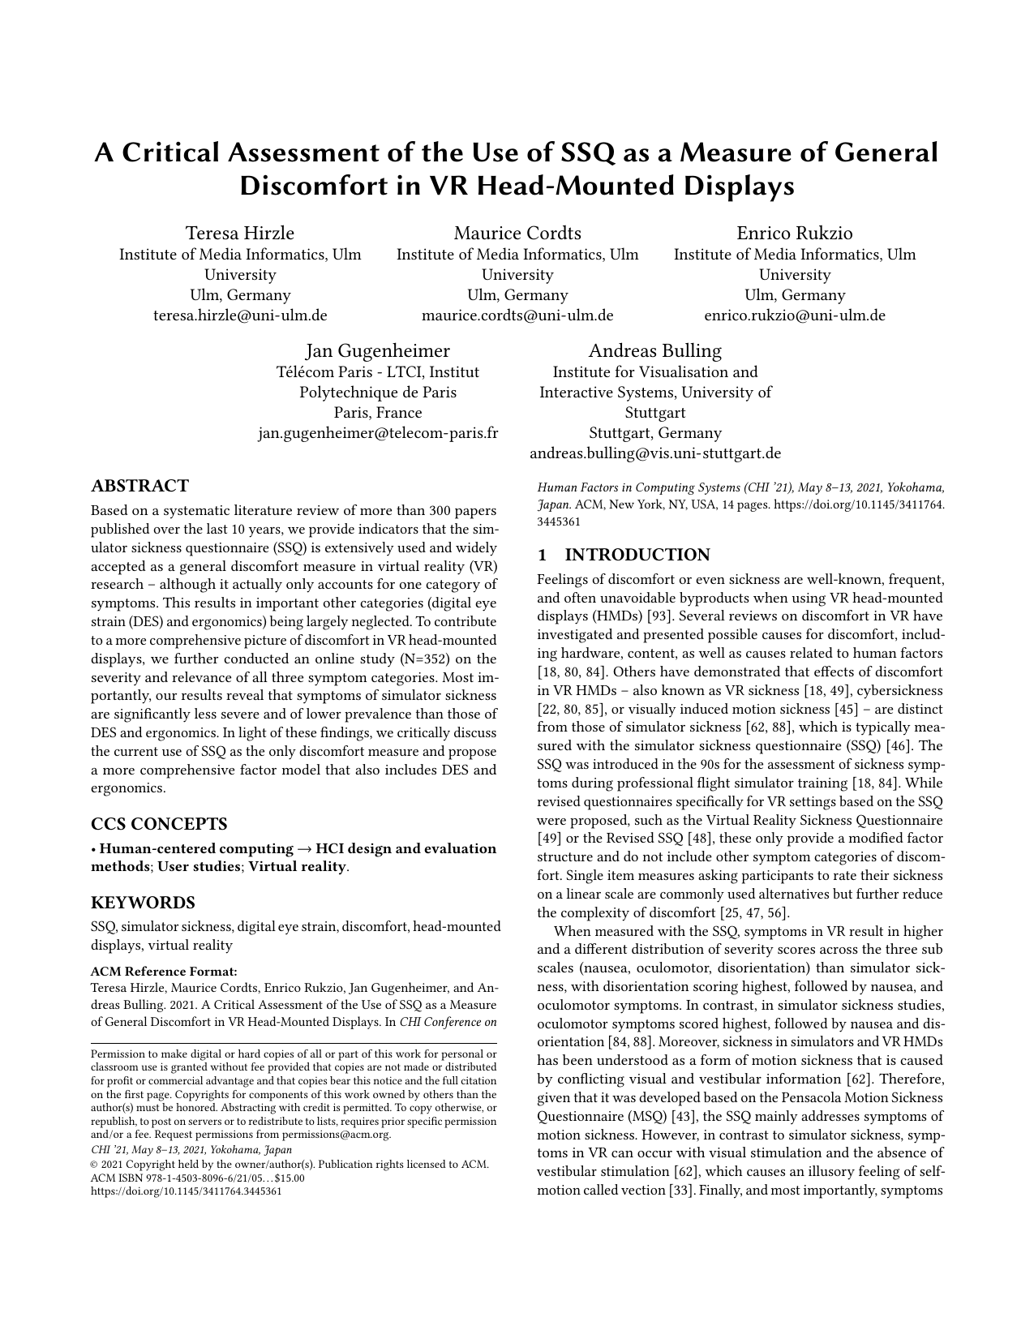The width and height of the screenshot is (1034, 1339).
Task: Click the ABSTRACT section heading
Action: (x=139, y=486)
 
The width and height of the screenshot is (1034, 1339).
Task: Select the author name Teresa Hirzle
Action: (x=240, y=234)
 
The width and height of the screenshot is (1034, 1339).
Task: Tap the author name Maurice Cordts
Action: (x=517, y=234)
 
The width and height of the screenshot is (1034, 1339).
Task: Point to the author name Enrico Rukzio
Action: (x=794, y=234)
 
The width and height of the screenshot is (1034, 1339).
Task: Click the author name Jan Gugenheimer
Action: (x=377, y=351)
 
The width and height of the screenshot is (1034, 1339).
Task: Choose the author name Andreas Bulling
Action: (x=654, y=351)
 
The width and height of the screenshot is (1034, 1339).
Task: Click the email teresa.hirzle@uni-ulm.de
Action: (x=240, y=315)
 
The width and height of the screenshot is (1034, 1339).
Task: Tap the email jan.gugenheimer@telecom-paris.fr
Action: (x=377, y=433)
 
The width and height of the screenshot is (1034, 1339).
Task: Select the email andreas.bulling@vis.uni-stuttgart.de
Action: (x=654, y=453)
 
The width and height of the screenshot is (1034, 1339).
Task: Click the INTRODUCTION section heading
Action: (x=637, y=555)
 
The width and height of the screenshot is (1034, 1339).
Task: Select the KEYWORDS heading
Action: (x=143, y=903)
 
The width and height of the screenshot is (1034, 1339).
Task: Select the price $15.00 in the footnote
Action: (x=285, y=1178)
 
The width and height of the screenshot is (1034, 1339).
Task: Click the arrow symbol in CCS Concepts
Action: (x=305, y=849)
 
